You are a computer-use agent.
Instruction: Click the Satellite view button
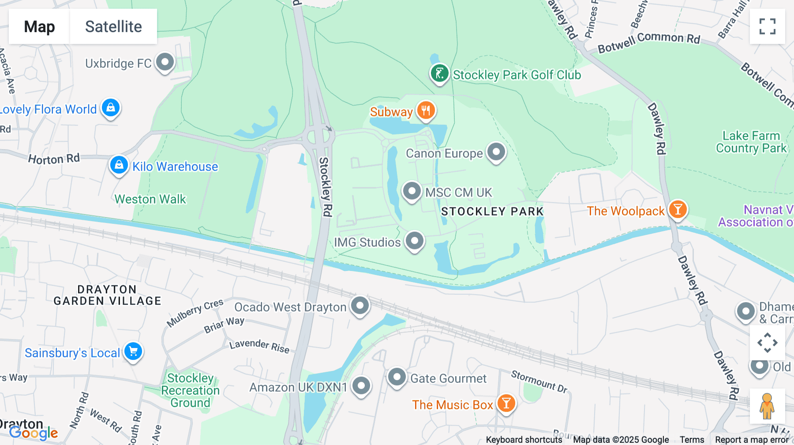coord(113,26)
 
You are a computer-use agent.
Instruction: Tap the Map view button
coord(39,26)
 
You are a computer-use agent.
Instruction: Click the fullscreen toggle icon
coord(767,26)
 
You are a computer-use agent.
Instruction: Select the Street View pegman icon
coord(767,406)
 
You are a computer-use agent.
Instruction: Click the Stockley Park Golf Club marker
coord(439,74)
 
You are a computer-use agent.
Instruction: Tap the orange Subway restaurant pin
coord(426,111)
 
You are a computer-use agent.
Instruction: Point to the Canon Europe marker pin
coord(496,152)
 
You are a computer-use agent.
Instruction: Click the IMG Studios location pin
coord(415,241)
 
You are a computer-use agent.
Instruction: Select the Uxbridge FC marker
coord(165,62)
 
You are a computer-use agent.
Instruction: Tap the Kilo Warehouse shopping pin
coord(119,165)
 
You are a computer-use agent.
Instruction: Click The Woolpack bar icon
coord(678,209)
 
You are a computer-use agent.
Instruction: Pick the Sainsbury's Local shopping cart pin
coord(133,352)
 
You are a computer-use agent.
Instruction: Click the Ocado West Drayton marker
coord(360,305)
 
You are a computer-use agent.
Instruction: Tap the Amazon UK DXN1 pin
coord(361,386)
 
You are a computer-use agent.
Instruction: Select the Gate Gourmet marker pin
coord(397,377)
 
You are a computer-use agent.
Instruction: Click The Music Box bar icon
coord(506,404)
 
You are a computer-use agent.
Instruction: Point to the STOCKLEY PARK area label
coord(492,211)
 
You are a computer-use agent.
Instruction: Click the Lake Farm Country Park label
coord(751,142)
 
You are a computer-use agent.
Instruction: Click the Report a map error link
coord(752,440)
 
